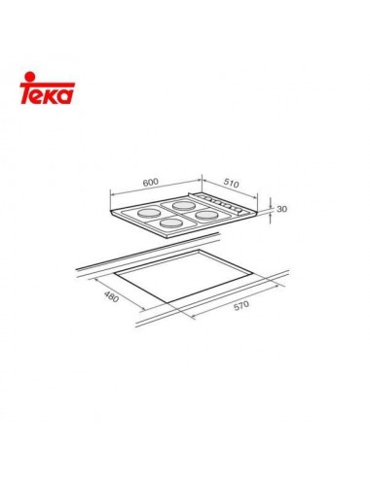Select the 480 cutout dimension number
(112, 295)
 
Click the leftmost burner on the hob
(151, 213)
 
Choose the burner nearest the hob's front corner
(173, 225)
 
